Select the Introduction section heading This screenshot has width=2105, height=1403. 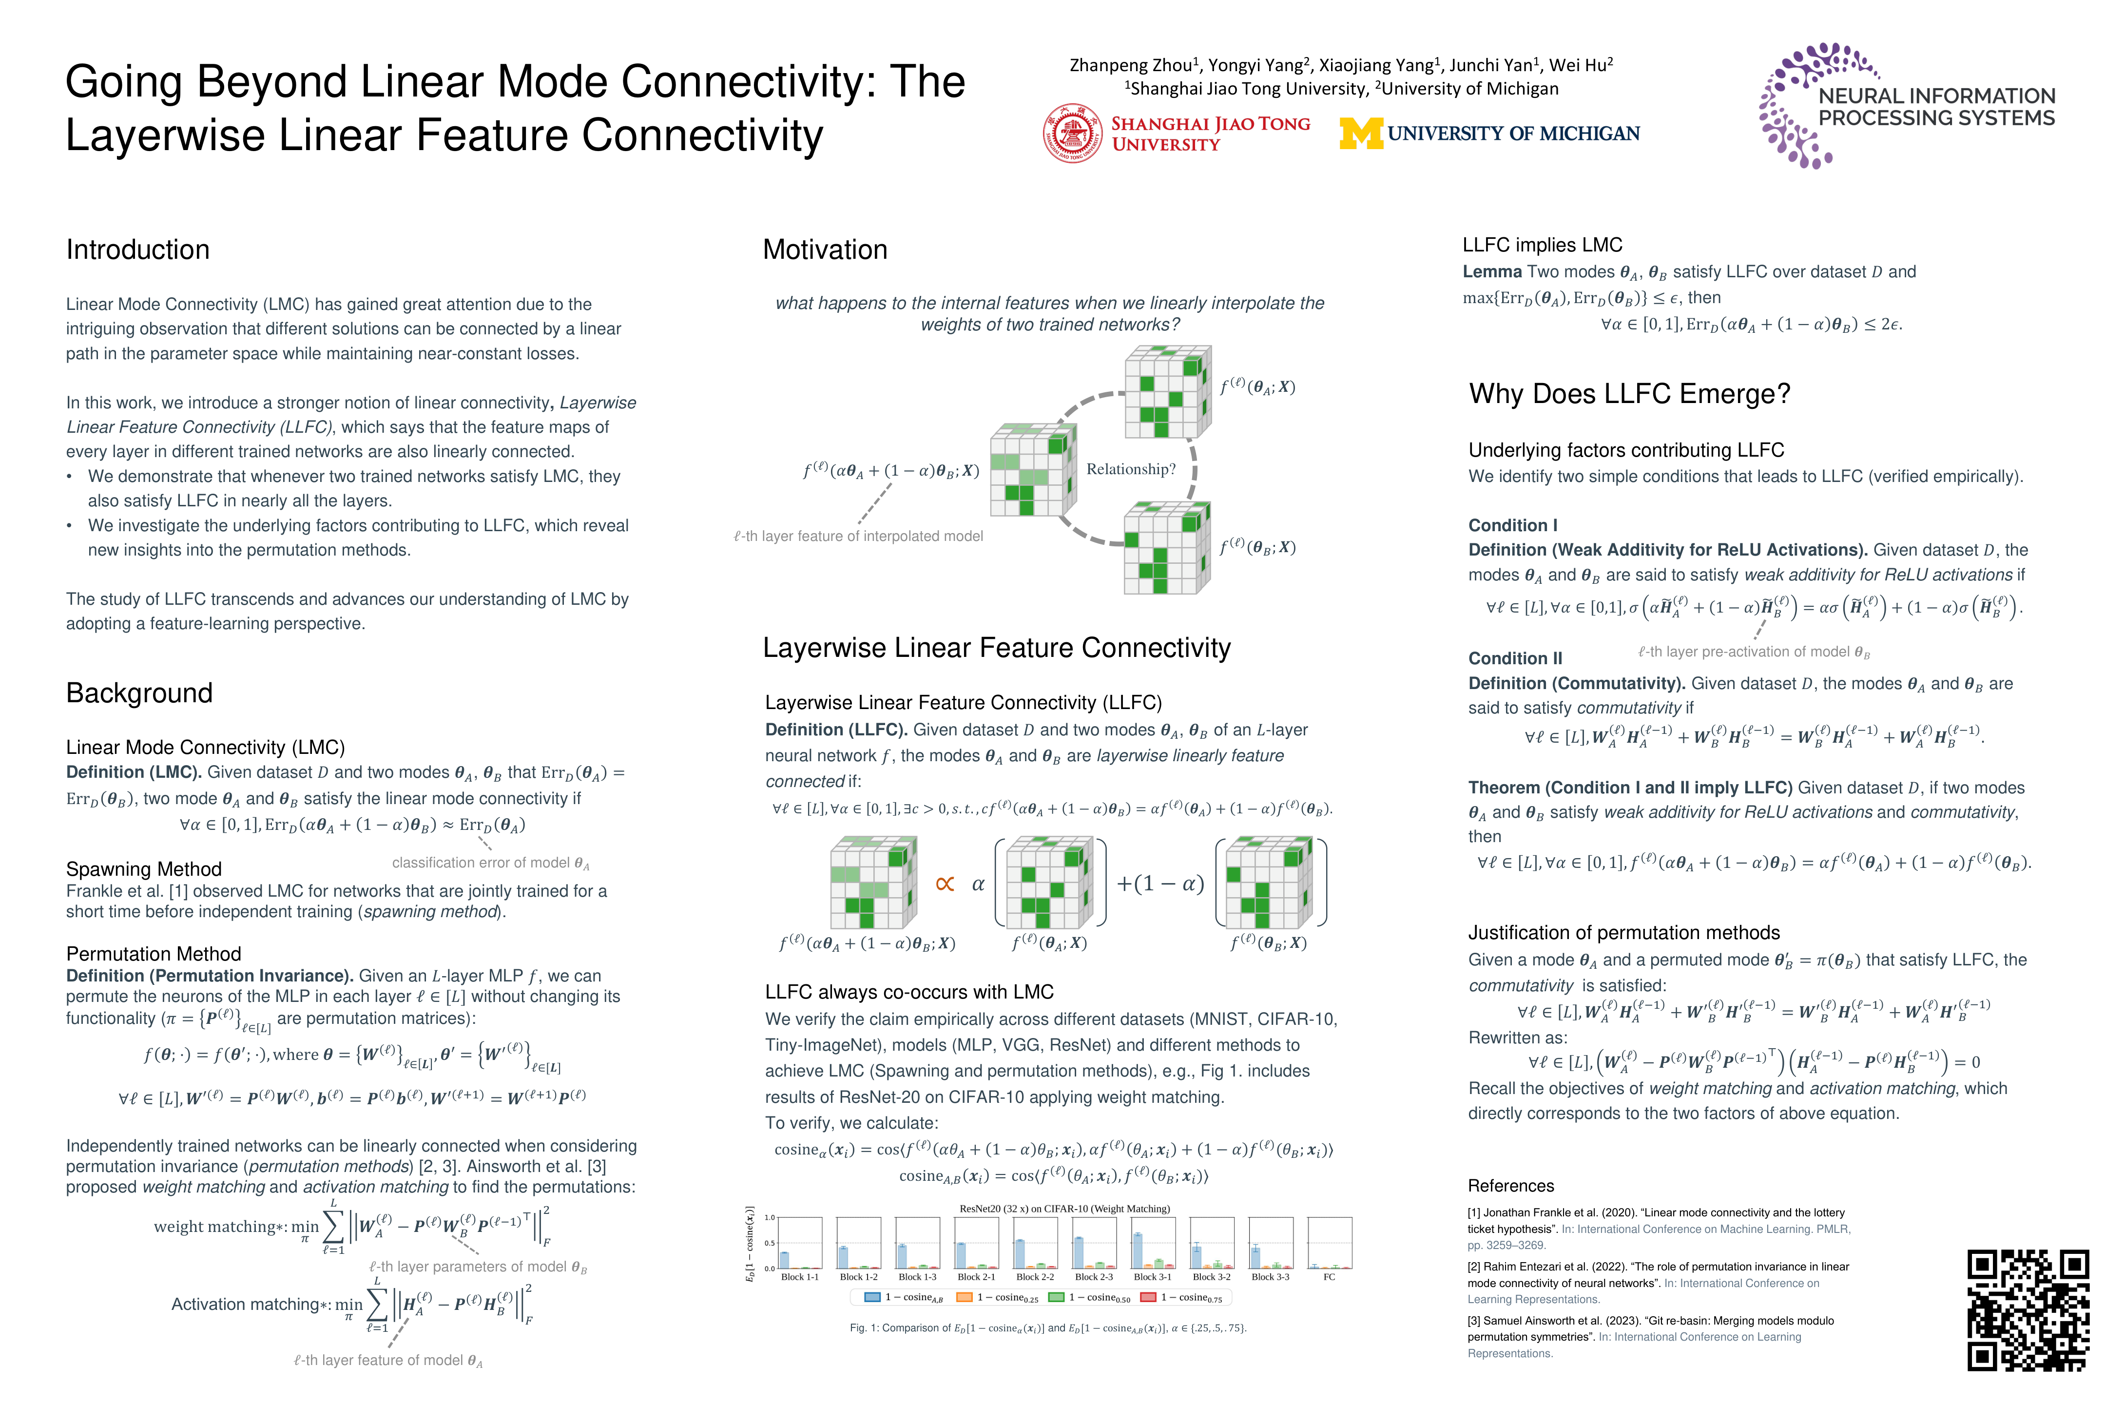point(138,250)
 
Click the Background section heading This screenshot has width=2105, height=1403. point(139,692)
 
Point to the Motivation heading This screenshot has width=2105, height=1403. point(825,250)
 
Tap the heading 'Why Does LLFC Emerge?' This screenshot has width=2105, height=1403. point(1629,394)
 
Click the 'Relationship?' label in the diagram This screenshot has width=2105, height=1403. point(1130,469)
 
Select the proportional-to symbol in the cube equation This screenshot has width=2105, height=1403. point(945,884)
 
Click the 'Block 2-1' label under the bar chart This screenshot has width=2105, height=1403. point(976,1277)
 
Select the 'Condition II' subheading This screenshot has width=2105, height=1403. point(1515,658)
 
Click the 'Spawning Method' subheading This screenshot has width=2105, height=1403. point(144,869)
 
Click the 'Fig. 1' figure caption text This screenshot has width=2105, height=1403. point(1047,1328)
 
